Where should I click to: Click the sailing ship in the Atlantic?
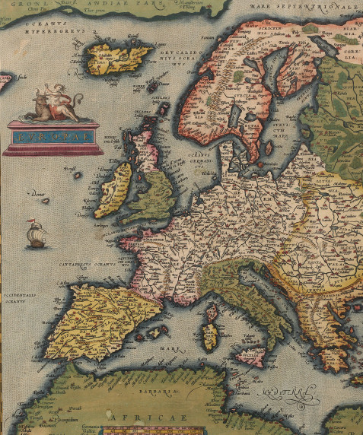pyautogui.click(x=35, y=235)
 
